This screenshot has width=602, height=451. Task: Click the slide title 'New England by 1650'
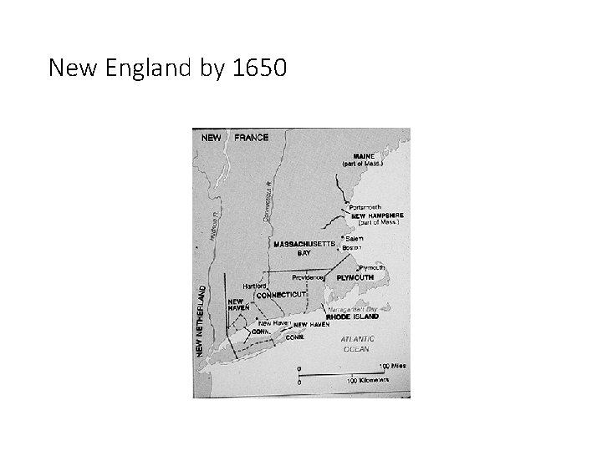click(x=167, y=68)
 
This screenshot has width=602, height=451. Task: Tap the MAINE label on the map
click(x=365, y=155)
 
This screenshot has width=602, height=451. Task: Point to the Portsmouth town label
click(x=365, y=206)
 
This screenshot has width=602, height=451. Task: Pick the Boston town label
click(x=352, y=248)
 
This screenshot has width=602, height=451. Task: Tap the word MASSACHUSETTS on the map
click(x=304, y=244)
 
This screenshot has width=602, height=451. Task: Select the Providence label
click(x=308, y=276)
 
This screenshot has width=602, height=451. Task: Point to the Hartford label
click(x=255, y=285)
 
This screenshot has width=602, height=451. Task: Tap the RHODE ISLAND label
click(x=352, y=317)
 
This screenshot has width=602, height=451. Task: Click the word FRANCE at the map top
click(x=252, y=138)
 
